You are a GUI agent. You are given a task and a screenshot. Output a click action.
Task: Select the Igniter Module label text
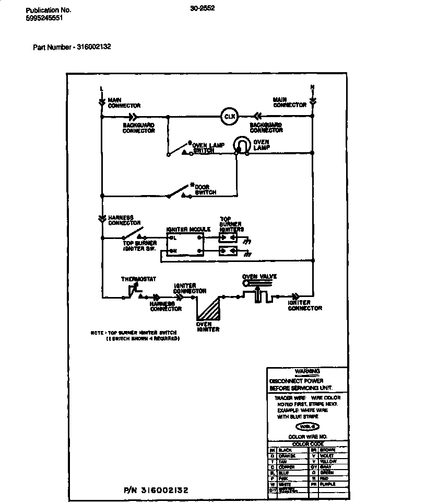point(188,230)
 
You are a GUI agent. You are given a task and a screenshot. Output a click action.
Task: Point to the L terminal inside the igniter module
point(174,238)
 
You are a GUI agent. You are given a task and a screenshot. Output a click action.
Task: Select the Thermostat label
point(138,279)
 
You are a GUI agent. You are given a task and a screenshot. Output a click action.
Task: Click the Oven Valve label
point(259,277)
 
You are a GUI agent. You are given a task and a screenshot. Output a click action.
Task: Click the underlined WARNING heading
point(307,371)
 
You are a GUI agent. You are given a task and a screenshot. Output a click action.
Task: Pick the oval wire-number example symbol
point(307,426)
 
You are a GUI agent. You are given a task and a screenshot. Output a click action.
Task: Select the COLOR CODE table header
point(307,443)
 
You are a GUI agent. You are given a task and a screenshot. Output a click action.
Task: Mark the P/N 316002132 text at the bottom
point(156,490)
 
